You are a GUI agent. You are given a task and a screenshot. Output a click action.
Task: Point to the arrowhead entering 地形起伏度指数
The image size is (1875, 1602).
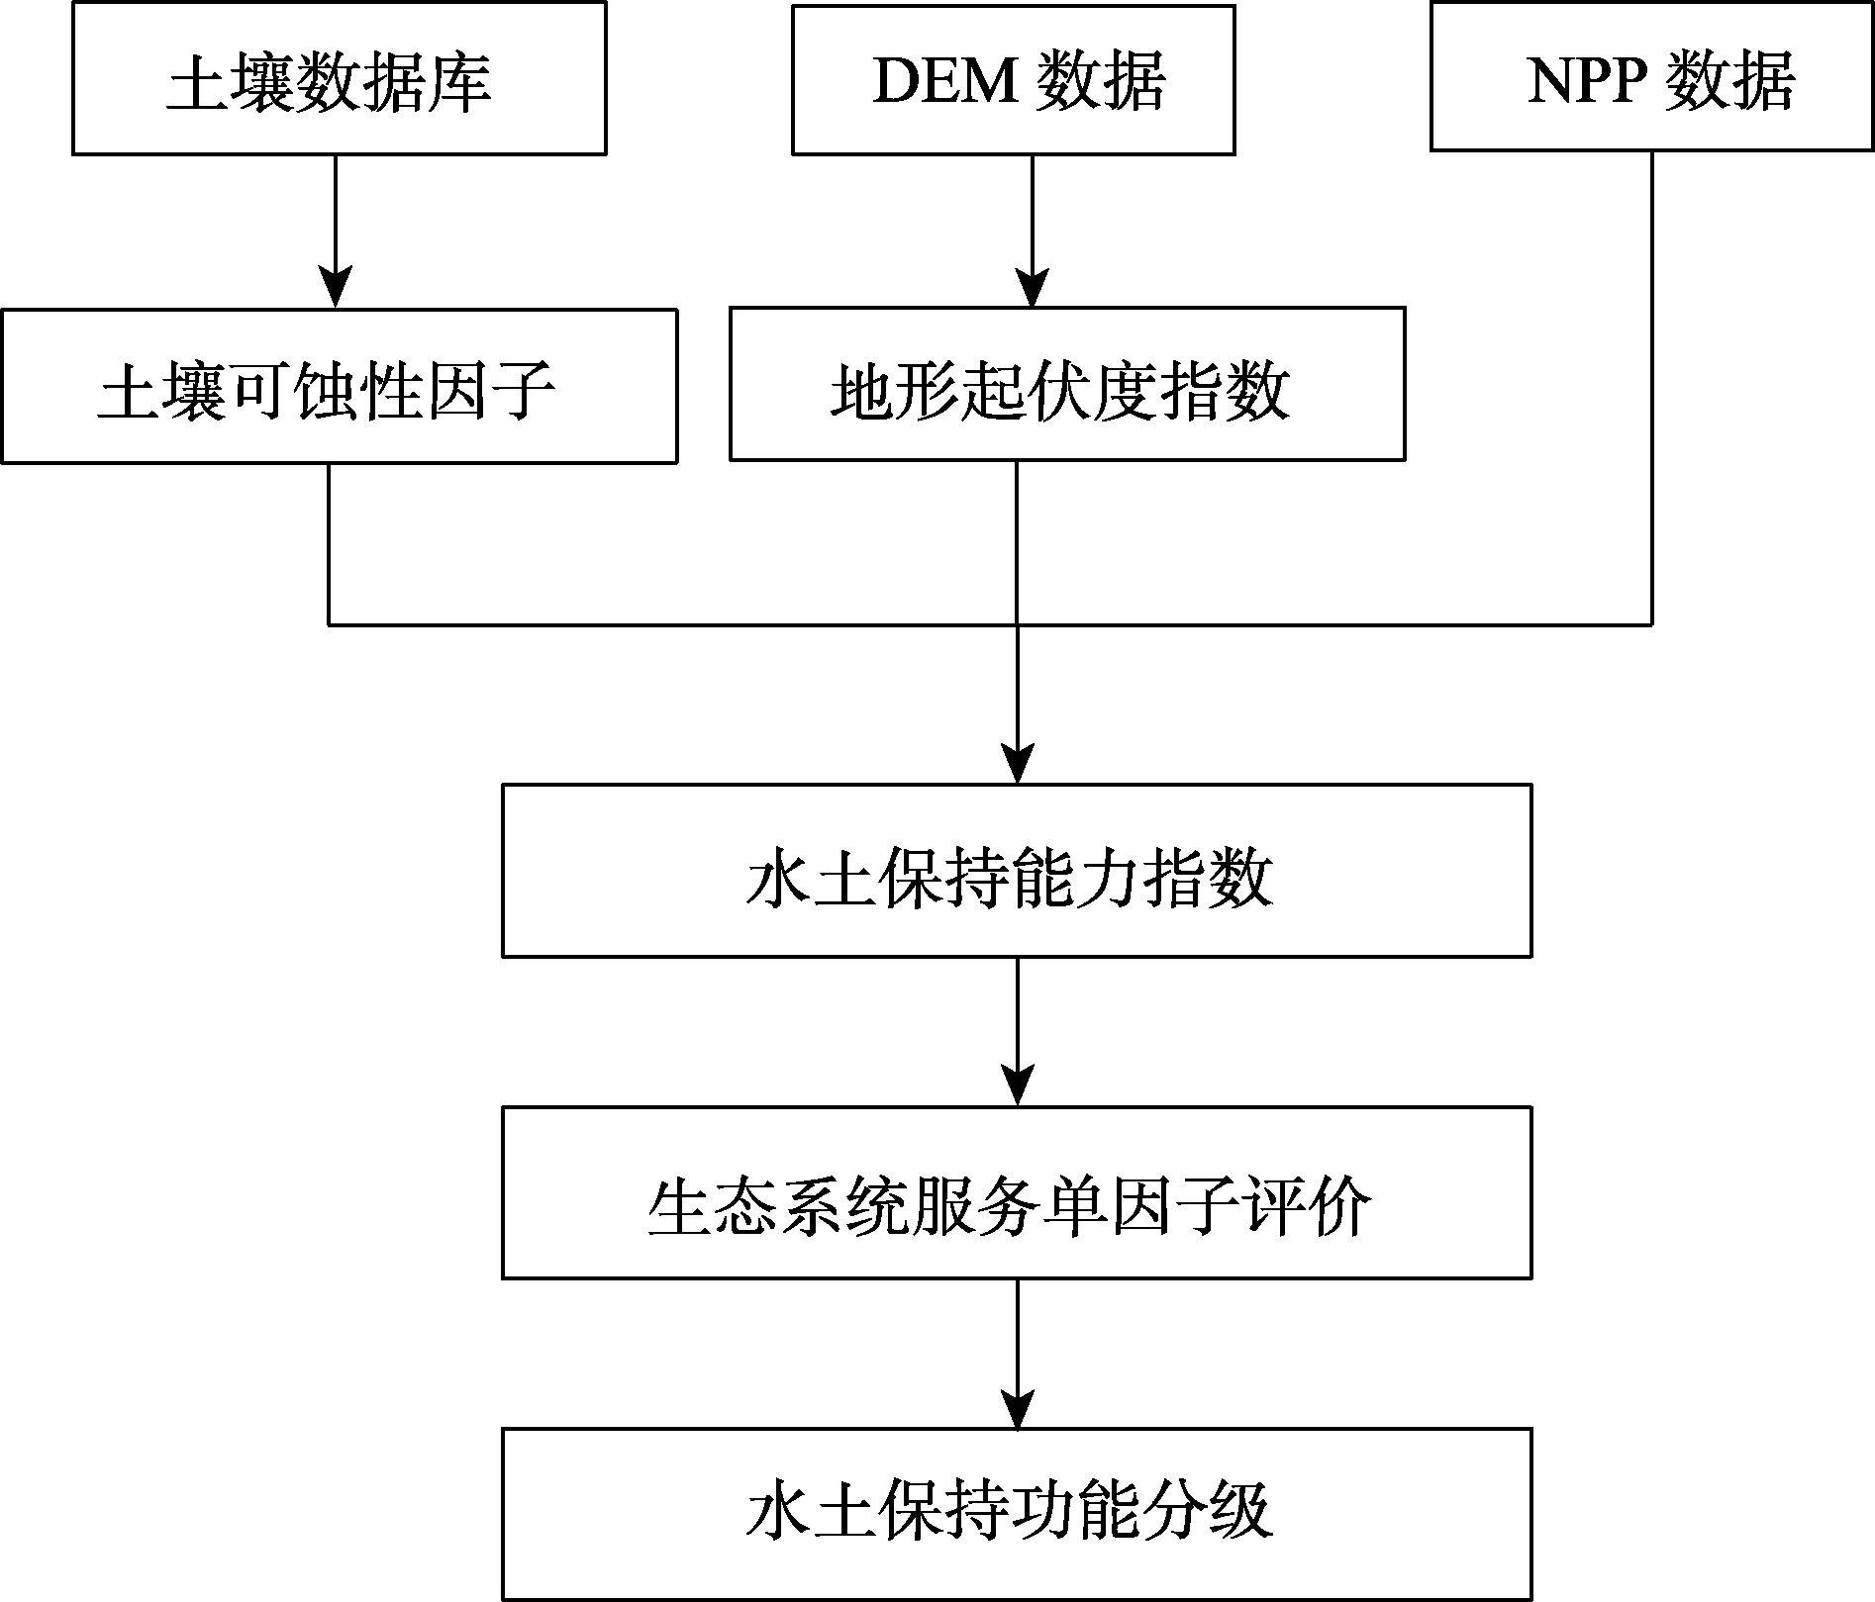point(1033,288)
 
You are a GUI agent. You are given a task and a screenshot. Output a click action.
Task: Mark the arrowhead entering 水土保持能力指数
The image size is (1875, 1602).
point(1018,764)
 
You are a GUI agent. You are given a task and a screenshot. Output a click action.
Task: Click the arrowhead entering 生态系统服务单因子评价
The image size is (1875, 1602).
point(1018,1085)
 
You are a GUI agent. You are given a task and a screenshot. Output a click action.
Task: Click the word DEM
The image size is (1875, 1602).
point(944,80)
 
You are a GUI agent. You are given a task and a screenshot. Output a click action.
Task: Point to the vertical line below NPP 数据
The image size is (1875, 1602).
point(1651,388)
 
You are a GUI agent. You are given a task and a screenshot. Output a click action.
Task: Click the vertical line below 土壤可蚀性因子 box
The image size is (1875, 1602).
point(329,544)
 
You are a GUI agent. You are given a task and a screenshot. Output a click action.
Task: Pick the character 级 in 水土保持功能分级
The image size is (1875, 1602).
point(1240,1512)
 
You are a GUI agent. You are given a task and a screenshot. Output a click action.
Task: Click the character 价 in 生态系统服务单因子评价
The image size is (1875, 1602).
point(1340,1208)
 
